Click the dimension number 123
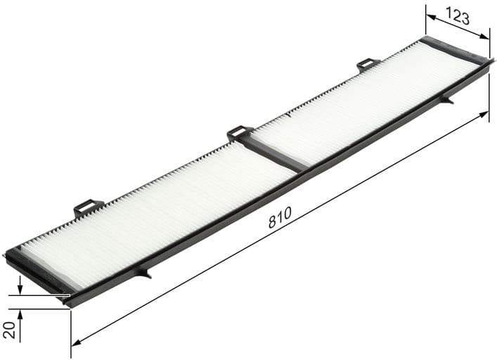(x=458, y=16)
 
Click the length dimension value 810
(x=280, y=217)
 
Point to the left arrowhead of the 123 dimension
(x=430, y=17)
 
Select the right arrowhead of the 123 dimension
(x=484, y=37)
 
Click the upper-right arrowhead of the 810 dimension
(x=484, y=114)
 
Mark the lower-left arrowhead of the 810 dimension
(x=76, y=342)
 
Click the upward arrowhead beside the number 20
(x=20, y=314)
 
